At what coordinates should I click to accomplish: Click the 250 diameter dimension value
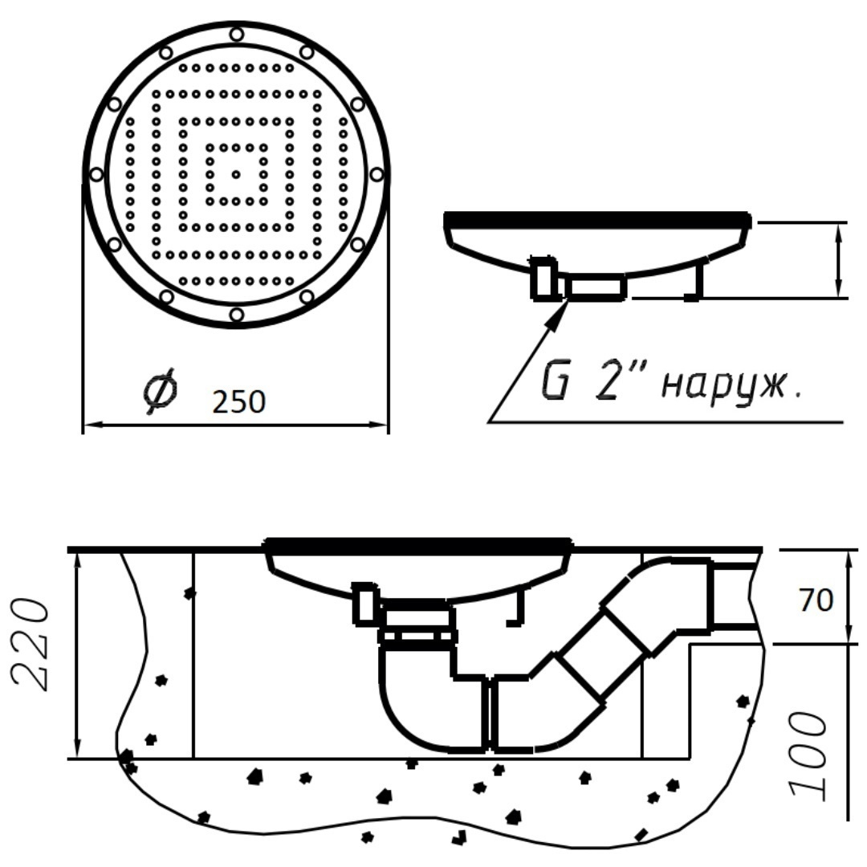(x=239, y=401)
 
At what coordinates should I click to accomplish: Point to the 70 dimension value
(x=816, y=600)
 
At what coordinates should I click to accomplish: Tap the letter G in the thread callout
(x=554, y=382)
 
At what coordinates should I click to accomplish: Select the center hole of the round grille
(x=236, y=174)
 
